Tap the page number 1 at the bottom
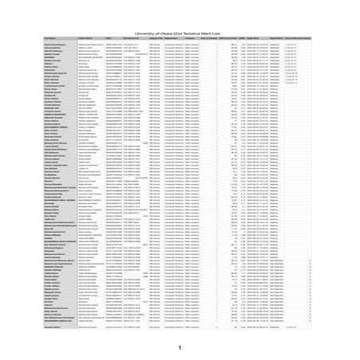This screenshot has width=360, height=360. click(180, 347)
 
